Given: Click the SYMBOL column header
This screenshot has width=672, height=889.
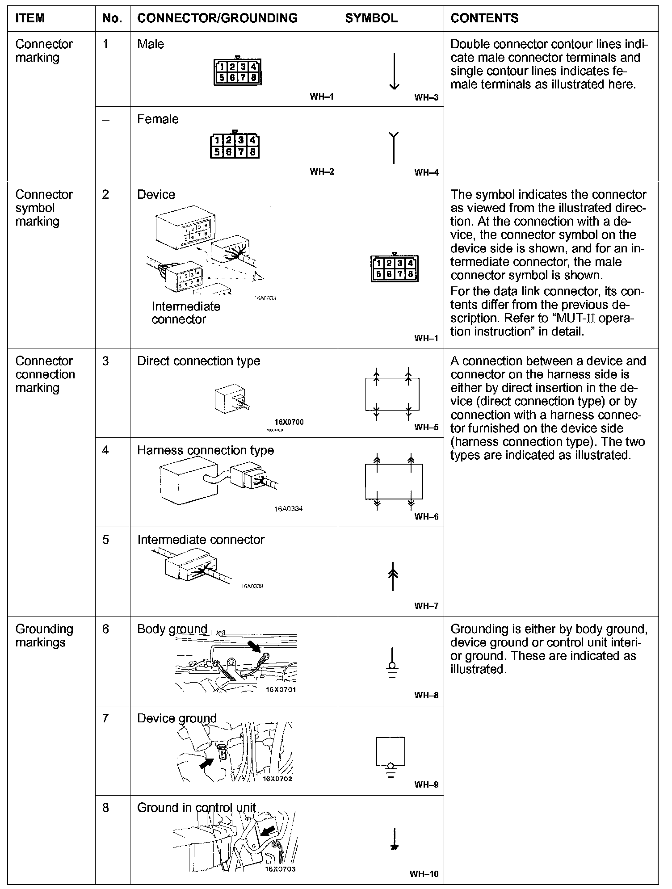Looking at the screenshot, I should tap(371, 18).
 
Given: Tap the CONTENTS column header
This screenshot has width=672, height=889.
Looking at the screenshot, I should tap(484, 18).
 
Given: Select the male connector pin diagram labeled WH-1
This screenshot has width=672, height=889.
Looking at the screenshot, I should tap(238, 72).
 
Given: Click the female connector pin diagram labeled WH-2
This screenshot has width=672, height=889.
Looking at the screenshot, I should tap(235, 146).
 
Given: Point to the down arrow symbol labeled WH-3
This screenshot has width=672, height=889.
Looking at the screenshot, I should tap(394, 71).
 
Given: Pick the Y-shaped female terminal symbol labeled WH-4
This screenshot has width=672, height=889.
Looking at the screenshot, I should tap(393, 147).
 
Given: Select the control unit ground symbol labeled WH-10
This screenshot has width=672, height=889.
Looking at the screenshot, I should tap(394, 839).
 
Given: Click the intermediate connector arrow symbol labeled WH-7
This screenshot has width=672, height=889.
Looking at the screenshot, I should tap(393, 575).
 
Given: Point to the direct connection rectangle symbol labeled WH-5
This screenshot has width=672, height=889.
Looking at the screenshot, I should tap(392, 394).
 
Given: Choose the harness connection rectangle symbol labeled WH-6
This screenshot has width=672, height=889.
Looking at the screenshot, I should tap(394, 482).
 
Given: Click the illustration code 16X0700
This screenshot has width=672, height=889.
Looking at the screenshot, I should tap(289, 422).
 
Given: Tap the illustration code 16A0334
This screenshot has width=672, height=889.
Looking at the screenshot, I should tap(288, 508).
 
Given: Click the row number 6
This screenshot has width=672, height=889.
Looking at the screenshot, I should tap(105, 629).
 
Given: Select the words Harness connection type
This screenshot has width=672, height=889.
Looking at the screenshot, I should tap(205, 450).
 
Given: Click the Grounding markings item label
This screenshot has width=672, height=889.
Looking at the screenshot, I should tap(44, 635).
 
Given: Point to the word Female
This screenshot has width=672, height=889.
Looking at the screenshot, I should tap(158, 119).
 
